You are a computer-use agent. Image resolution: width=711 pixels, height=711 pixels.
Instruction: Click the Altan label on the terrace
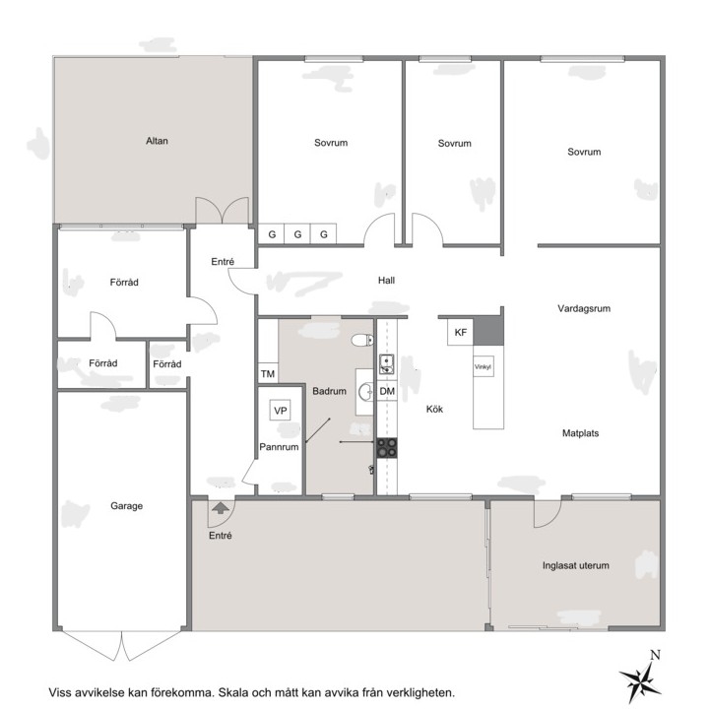point(157,141)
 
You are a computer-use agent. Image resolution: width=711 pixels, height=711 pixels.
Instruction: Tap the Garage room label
point(126,506)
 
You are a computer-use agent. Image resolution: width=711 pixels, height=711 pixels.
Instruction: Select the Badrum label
point(329,391)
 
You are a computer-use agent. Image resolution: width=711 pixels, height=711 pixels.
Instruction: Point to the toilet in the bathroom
point(362,340)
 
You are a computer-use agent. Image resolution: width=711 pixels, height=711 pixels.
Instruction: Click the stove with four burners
point(387,448)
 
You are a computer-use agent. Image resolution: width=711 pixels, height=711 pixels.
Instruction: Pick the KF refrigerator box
point(460,333)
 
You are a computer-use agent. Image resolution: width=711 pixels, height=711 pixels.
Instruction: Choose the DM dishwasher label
point(387,391)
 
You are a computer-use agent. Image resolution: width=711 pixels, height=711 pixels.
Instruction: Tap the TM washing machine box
point(268,373)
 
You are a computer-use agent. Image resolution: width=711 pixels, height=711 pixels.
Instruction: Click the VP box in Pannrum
point(280,411)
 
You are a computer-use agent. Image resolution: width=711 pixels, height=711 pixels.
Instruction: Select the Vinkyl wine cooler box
point(483,367)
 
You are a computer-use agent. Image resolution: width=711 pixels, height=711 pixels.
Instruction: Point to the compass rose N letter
point(655,655)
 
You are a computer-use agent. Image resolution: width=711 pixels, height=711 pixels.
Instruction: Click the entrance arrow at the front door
point(221,507)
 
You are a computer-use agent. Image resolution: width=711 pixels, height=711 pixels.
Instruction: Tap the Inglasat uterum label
point(575,565)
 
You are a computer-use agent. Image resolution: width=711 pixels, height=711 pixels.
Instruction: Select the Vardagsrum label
point(584,309)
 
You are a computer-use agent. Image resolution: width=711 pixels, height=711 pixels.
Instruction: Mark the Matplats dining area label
point(580,433)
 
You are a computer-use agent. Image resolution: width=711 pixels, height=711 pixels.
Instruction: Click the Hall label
point(386,281)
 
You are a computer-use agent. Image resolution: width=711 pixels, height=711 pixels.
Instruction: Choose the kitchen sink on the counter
point(386,364)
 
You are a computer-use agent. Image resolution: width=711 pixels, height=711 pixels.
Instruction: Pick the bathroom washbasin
point(365,392)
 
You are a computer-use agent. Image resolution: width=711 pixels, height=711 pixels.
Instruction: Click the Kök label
point(434,409)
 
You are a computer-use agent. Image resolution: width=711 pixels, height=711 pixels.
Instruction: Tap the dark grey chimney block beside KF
point(488,331)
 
